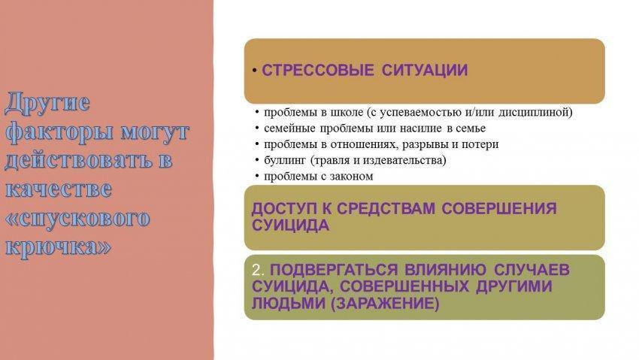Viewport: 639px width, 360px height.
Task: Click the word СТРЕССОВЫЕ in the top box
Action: coord(317,70)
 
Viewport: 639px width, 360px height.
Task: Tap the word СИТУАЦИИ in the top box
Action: coord(425,70)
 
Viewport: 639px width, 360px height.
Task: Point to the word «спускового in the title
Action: coord(77,218)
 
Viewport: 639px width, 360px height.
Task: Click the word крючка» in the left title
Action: coord(58,247)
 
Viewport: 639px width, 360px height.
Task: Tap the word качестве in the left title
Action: coord(59,189)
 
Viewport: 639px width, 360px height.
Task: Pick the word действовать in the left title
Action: coord(79,160)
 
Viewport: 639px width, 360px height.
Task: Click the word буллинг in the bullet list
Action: coord(284,160)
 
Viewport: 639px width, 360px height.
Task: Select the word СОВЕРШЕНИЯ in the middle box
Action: coord(499,208)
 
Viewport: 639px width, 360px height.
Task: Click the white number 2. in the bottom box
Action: coord(258,270)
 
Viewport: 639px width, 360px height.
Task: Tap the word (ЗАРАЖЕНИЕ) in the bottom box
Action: coord(385,304)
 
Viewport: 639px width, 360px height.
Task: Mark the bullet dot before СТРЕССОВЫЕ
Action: coord(254,71)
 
